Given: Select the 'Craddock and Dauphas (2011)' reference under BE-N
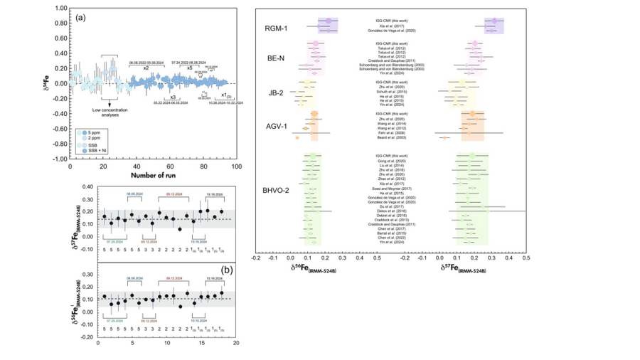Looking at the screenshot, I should [x=394, y=61].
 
